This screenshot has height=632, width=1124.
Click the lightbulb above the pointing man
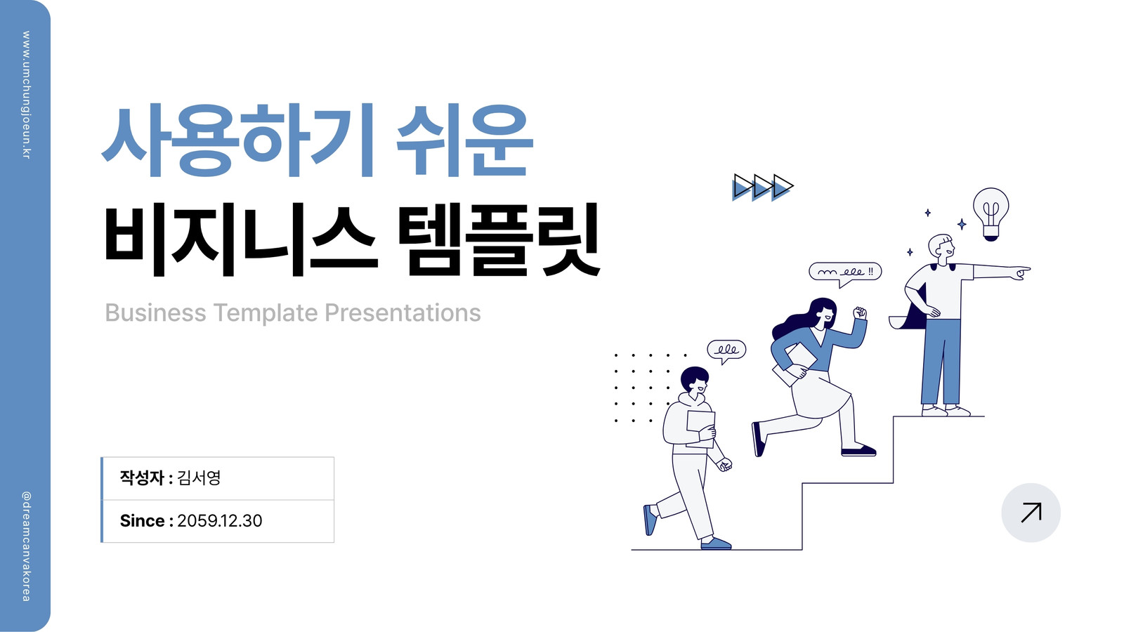coord(991,214)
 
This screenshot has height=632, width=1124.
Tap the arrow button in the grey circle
coord(1031,512)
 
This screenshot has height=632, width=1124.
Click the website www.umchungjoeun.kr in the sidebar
coord(26,96)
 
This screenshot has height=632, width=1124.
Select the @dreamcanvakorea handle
coord(26,546)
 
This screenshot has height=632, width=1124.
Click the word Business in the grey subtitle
coord(155,312)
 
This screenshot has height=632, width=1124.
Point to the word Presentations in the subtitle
coord(403,312)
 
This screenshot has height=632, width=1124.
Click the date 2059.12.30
coord(219,520)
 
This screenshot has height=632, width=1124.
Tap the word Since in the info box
coord(142,520)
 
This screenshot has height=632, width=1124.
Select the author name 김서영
coord(200,478)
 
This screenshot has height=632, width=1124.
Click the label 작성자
coord(142,478)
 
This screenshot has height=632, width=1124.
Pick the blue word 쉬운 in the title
coord(464,140)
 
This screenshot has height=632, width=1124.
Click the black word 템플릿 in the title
coord(499,239)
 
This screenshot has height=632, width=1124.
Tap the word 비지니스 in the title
coord(240,239)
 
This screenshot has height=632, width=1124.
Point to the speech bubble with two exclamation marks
coord(845,272)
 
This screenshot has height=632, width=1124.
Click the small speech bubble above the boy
coord(726,350)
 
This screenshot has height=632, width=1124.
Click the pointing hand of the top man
coord(1021,272)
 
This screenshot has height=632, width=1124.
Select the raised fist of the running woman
coord(860,312)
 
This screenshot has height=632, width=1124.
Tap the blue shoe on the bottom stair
coord(716,544)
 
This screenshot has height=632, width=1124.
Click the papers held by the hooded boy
coord(700,428)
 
